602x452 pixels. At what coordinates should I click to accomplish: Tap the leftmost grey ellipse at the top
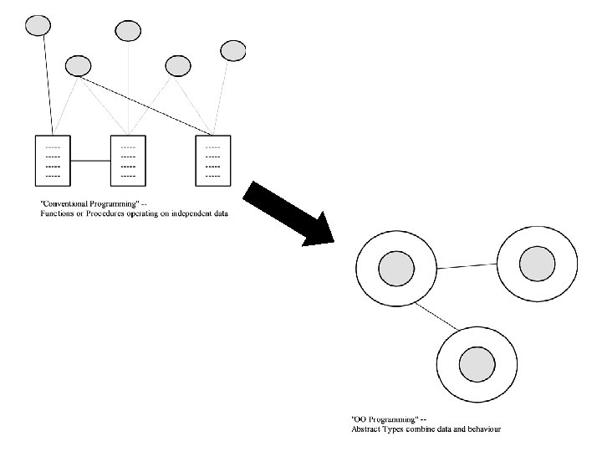[x=38, y=25]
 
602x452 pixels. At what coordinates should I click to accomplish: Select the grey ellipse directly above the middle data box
[x=128, y=31]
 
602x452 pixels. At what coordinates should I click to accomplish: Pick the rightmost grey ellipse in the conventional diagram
[x=232, y=50]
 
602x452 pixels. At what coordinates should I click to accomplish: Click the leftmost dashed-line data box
[x=53, y=159]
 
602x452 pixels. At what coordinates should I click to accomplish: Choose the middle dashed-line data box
[x=128, y=159]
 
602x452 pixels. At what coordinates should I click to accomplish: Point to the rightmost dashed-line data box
[x=212, y=159]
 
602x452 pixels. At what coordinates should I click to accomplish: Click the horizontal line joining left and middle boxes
[x=90, y=159]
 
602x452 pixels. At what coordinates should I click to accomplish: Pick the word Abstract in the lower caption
[x=365, y=429]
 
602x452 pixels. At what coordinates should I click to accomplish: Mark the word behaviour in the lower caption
[x=482, y=429]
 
